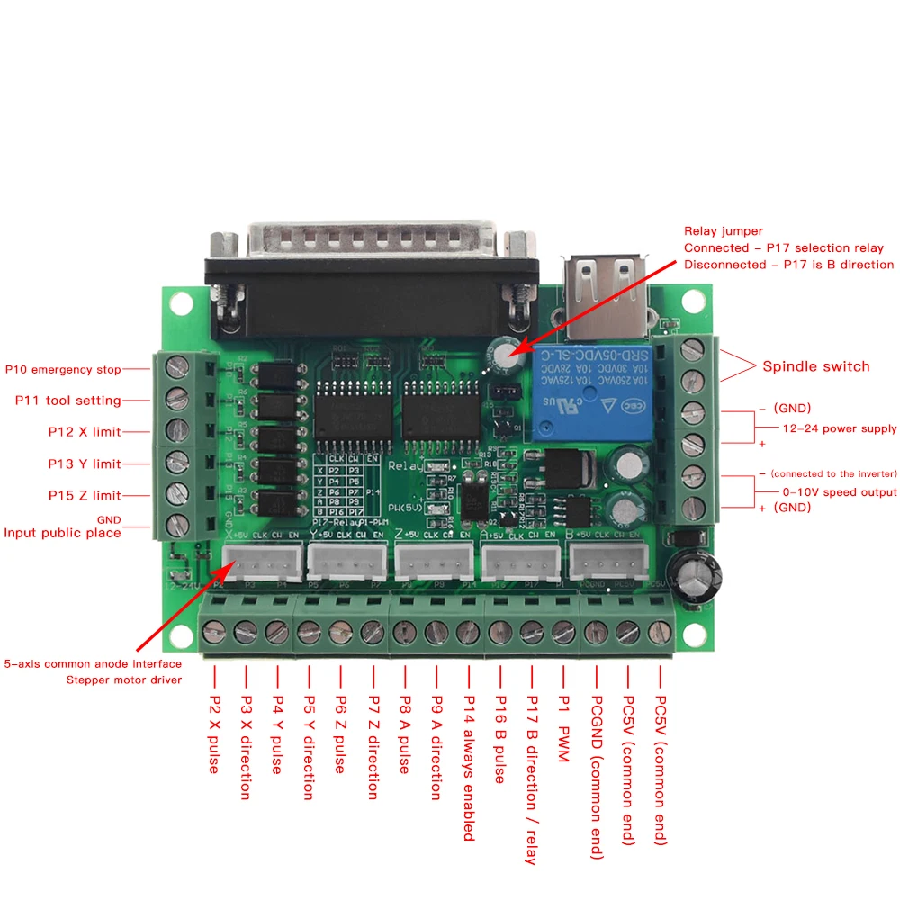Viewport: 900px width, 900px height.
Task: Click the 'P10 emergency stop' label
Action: click(x=63, y=369)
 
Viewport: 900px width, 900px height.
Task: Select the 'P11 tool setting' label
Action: click(x=68, y=400)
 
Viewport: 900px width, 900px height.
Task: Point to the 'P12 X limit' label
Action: click(x=85, y=432)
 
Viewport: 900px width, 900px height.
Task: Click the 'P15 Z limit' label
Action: click(x=85, y=495)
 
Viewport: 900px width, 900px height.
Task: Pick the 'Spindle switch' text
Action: click(x=815, y=366)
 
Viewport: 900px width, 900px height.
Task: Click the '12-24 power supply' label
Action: click(x=839, y=428)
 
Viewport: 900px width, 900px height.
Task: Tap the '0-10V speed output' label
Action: click(x=839, y=491)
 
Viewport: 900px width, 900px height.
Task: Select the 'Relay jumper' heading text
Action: click(x=724, y=231)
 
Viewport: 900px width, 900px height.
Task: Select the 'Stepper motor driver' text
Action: click(x=124, y=679)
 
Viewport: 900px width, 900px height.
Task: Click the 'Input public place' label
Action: click(x=63, y=533)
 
